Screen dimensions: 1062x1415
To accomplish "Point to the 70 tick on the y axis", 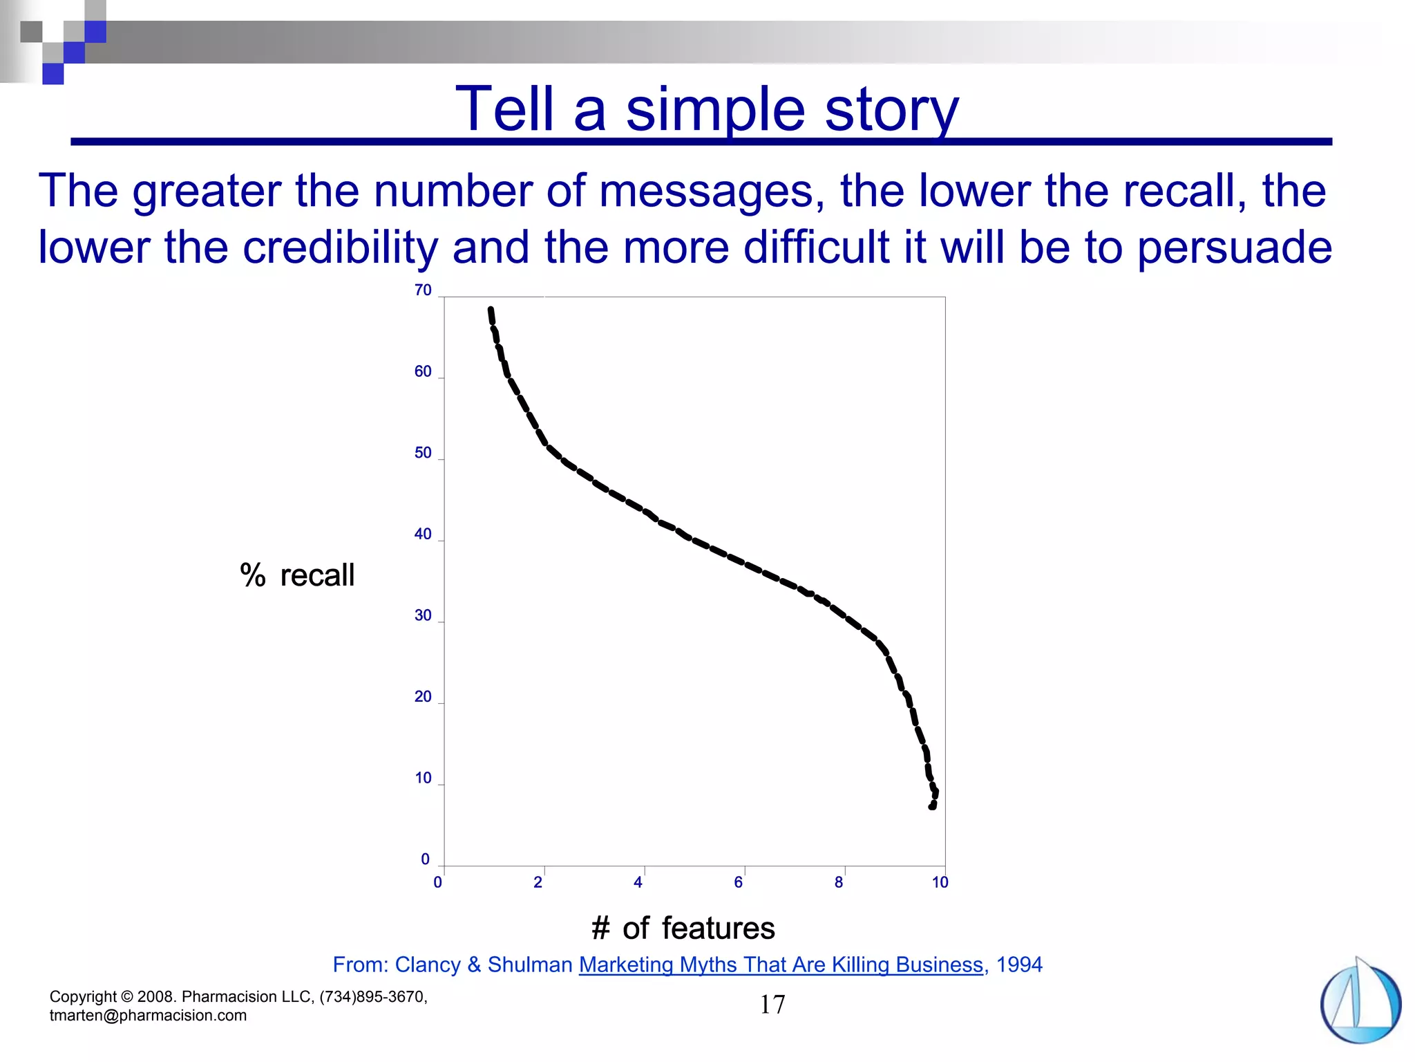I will click(x=423, y=290).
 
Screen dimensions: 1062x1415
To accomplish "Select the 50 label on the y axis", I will click(x=423, y=453).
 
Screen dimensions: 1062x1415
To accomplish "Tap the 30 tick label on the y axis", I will click(x=423, y=615).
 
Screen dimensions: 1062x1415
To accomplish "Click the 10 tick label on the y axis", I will click(x=423, y=778).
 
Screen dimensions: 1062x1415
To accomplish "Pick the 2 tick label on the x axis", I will click(x=538, y=882).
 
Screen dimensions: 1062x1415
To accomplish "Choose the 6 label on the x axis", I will click(x=739, y=882).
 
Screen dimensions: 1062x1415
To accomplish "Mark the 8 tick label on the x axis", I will click(x=839, y=882).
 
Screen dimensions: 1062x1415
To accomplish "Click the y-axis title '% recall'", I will click(x=297, y=575).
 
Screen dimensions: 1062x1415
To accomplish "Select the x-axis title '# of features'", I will click(x=683, y=928).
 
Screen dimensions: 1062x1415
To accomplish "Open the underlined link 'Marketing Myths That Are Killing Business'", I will click(x=781, y=965).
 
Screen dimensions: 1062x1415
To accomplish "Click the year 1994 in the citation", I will click(x=1019, y=965).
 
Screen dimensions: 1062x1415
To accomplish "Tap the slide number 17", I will click(x=772, y=1005).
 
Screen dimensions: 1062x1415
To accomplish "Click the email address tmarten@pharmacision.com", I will click(x=148, y=1016).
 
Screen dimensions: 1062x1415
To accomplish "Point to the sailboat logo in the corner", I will click(x=1360, y=1001).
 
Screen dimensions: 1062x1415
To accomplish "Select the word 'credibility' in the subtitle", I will click(x=341, y=248).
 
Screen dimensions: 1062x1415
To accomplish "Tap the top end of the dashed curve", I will click(x=491, y=309).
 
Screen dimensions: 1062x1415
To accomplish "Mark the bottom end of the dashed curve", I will click(x=932, y=806).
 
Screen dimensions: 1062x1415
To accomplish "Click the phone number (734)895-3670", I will click(x=373, y=997).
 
